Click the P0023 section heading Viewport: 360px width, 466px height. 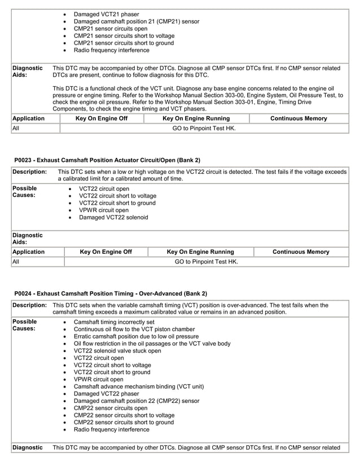107,160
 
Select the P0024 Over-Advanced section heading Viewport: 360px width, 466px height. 111,293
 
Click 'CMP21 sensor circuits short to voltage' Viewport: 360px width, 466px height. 126,36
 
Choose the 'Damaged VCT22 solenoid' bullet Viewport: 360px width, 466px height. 113,217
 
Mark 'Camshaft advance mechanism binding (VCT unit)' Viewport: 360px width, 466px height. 139,386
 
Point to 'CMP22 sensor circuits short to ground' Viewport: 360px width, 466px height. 124,422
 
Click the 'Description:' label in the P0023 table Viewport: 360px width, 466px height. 29,172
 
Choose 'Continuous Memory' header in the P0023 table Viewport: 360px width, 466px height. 301,252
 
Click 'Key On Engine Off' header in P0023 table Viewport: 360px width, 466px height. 106,252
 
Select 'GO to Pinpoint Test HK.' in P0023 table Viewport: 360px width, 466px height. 206,262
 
